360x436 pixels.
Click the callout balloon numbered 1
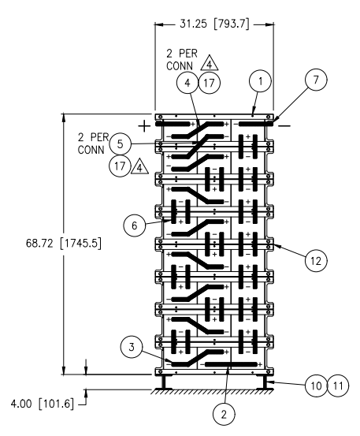point(260,81)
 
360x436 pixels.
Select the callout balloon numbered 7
point(316,80)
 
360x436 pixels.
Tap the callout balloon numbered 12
point(316,261)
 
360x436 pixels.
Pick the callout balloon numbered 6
point(135,225)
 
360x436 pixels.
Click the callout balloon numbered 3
point(132,347)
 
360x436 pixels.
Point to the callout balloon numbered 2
point(224,414)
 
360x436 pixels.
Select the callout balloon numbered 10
point(316,386)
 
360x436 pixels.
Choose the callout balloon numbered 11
point(338,386)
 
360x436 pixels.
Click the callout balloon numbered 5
point(120,144)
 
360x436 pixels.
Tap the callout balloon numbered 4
point(187,83)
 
